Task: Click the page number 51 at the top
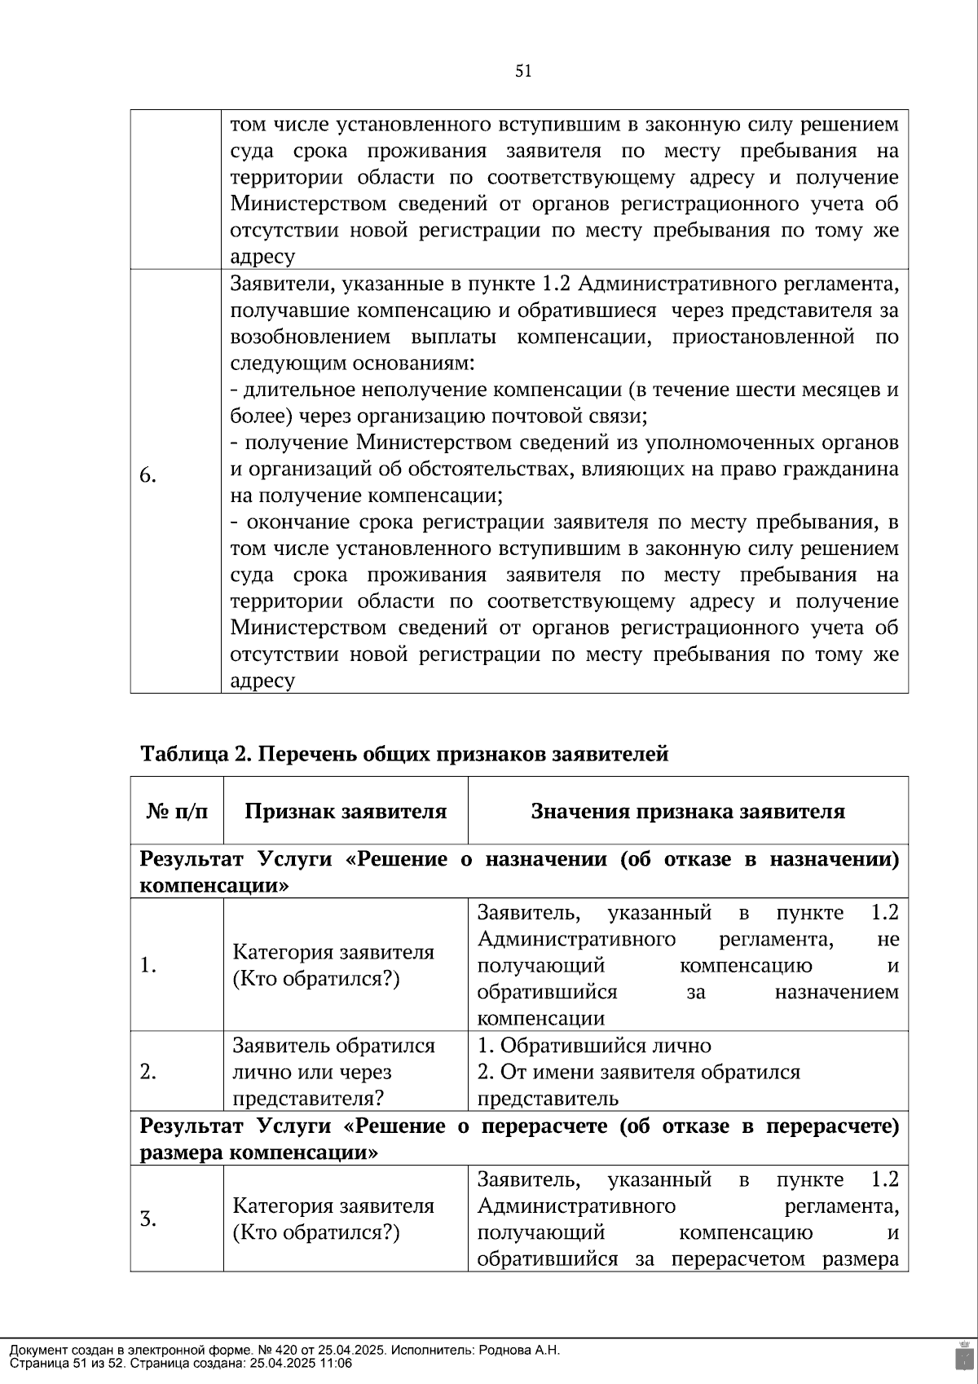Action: pyautogui.click(x=523, y=71)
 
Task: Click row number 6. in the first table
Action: pyautogui.click(x=148, y=476)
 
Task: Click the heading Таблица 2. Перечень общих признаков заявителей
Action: pyautogui.click(x=404, y=754)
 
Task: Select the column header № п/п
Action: pyautogui.click(x=177, y=811)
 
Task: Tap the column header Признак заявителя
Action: pyautogui.click(x=346, y=811)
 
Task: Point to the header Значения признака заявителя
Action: pyautogui.click(x=688, y=811)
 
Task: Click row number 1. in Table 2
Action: pyautogui.click(x=148, y=966)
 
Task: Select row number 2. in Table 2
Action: pyautogui.click(x=148, y=1072)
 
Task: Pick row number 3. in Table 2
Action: pyautogui.click(x=148, y=1219)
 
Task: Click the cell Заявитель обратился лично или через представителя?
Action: pyautogui.click(x=334, y=1072)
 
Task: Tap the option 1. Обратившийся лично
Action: pyautogui.click(x=594, y=1046)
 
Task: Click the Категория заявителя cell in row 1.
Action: pyautogui.click(x=333, y=966)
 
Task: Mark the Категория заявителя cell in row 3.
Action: pyautogui.click(x=333, y=1219)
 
